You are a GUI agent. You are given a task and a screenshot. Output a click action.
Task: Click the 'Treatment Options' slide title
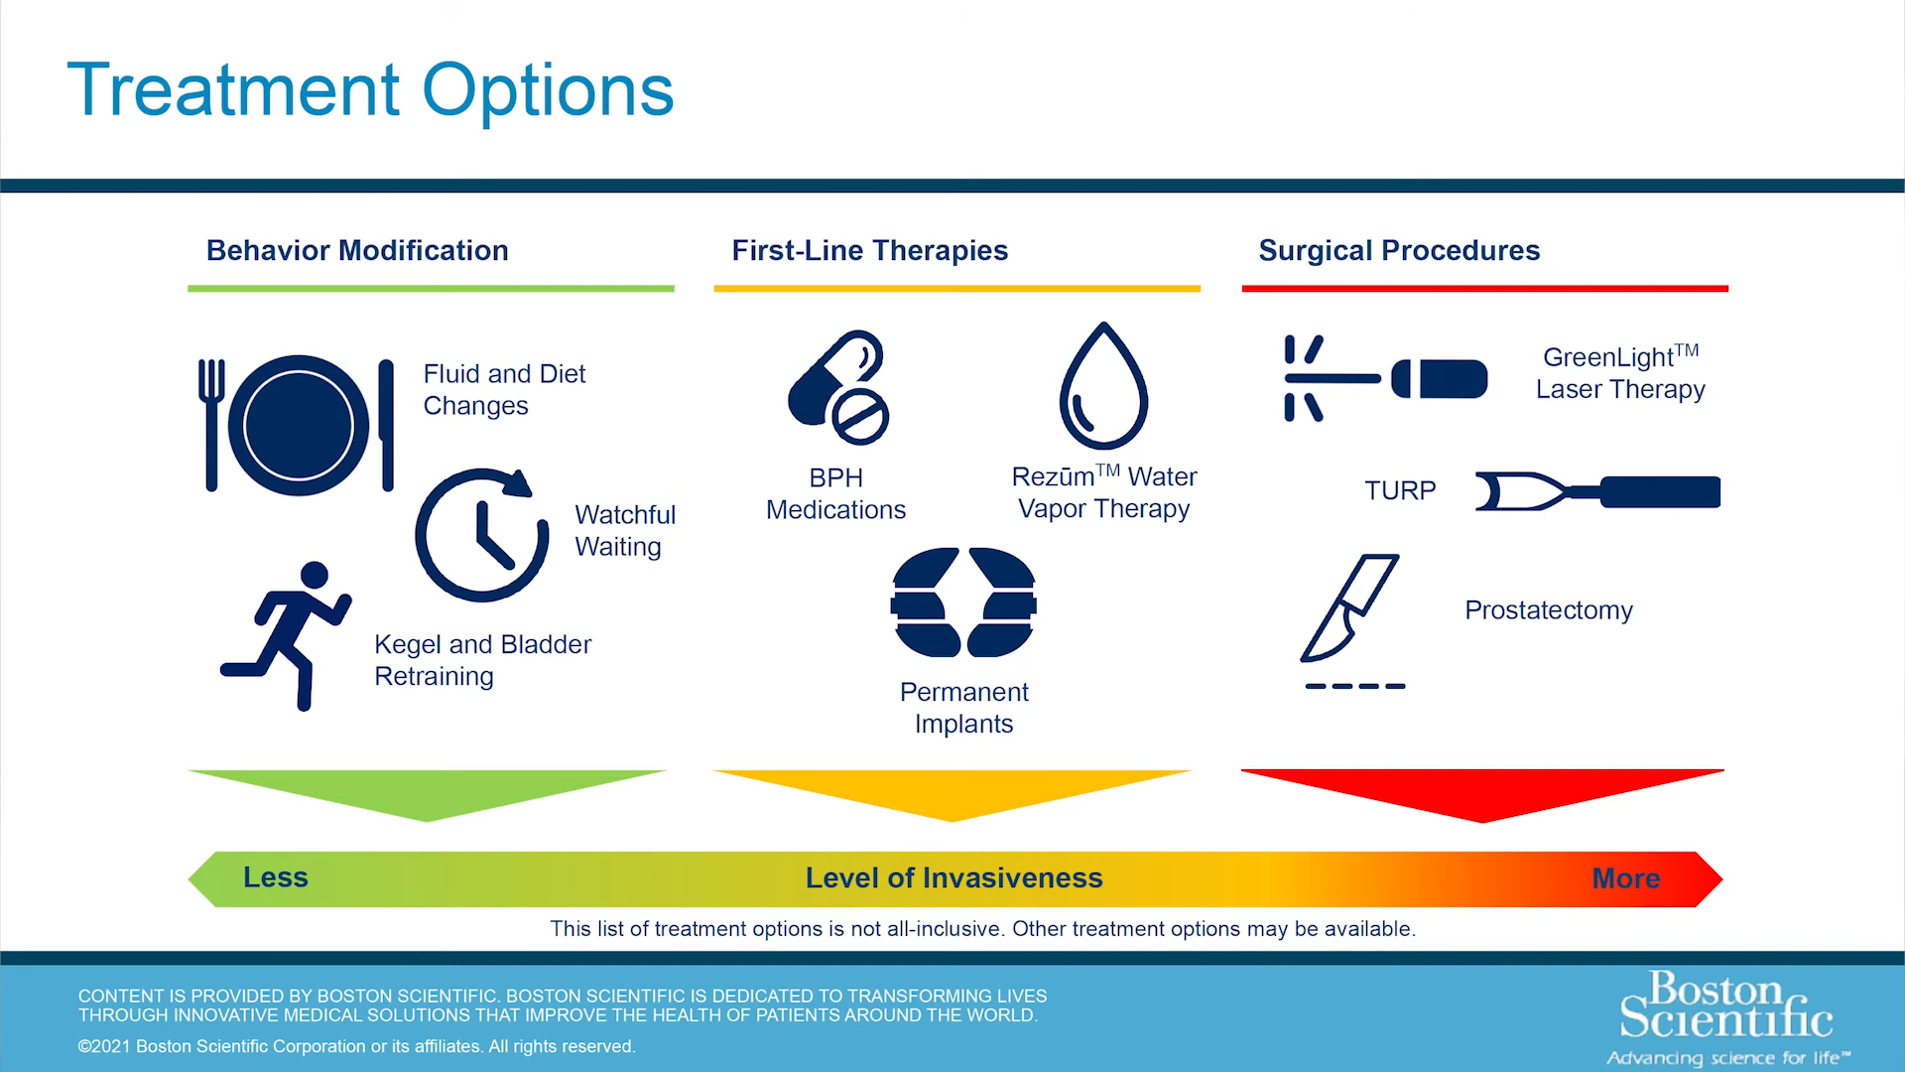(370, 90)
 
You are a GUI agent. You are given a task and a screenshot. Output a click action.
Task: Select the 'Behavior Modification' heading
(357, 250)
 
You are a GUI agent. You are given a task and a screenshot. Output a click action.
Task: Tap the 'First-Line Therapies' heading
(869, 250)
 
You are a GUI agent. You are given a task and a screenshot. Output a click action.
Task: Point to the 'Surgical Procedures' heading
(1399, 250)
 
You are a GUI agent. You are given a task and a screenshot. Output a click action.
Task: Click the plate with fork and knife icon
(298, 425)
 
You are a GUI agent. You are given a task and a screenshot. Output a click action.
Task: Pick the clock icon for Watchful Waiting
(481, 536)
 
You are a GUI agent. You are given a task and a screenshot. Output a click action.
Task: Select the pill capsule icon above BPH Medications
(838, 387)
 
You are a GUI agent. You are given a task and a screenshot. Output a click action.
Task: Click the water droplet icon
(1103, 389)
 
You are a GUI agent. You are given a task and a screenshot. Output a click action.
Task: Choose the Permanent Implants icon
(963, 603)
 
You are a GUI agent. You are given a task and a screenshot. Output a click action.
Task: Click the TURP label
(1400, 491)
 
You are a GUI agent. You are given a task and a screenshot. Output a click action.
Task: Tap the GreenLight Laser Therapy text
(1620, 373)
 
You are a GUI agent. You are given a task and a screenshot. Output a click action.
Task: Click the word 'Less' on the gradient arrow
(276, 877)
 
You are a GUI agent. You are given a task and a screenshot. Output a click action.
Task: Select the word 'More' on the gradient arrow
(1625, 878)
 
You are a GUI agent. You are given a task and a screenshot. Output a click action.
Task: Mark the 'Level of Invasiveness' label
(953, 877)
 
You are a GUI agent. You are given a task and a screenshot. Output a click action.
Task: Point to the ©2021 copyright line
(356, 1046)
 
